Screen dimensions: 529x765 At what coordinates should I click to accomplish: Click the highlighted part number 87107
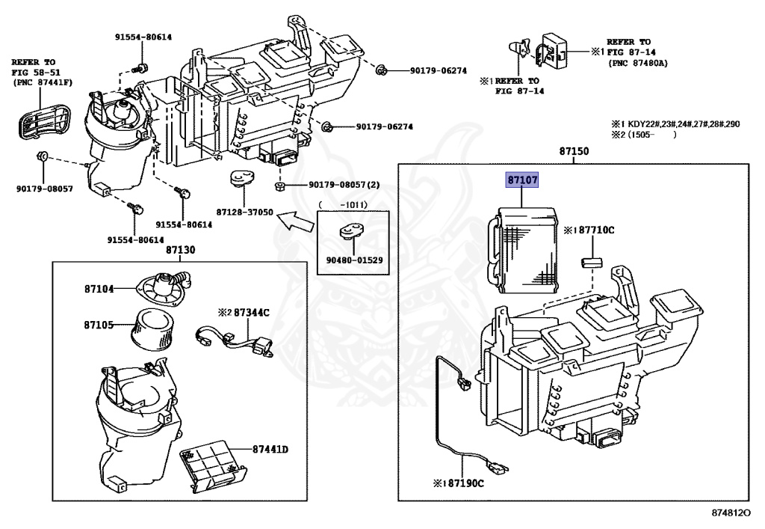tap(522, 181)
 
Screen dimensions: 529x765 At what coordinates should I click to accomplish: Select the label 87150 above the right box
tap(574, 151)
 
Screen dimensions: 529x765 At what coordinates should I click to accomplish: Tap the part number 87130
tap(180, 250)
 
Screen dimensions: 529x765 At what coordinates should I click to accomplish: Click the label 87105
tap(98, 325)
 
